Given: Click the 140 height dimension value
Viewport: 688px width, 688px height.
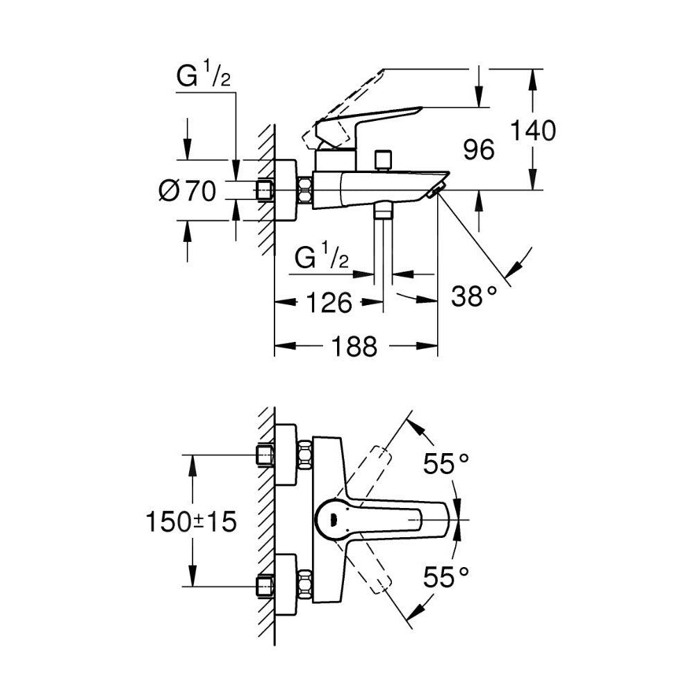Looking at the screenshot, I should pyautogui.click(x=533, y=131).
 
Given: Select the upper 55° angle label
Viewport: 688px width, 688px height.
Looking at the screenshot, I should pyautogui.click(x=447, y=463).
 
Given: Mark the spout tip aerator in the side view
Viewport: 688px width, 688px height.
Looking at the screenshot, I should pyautogui.click(x=436, y=190).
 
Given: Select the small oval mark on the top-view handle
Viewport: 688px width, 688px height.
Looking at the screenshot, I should pyautogui.click(x=333, y=518).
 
